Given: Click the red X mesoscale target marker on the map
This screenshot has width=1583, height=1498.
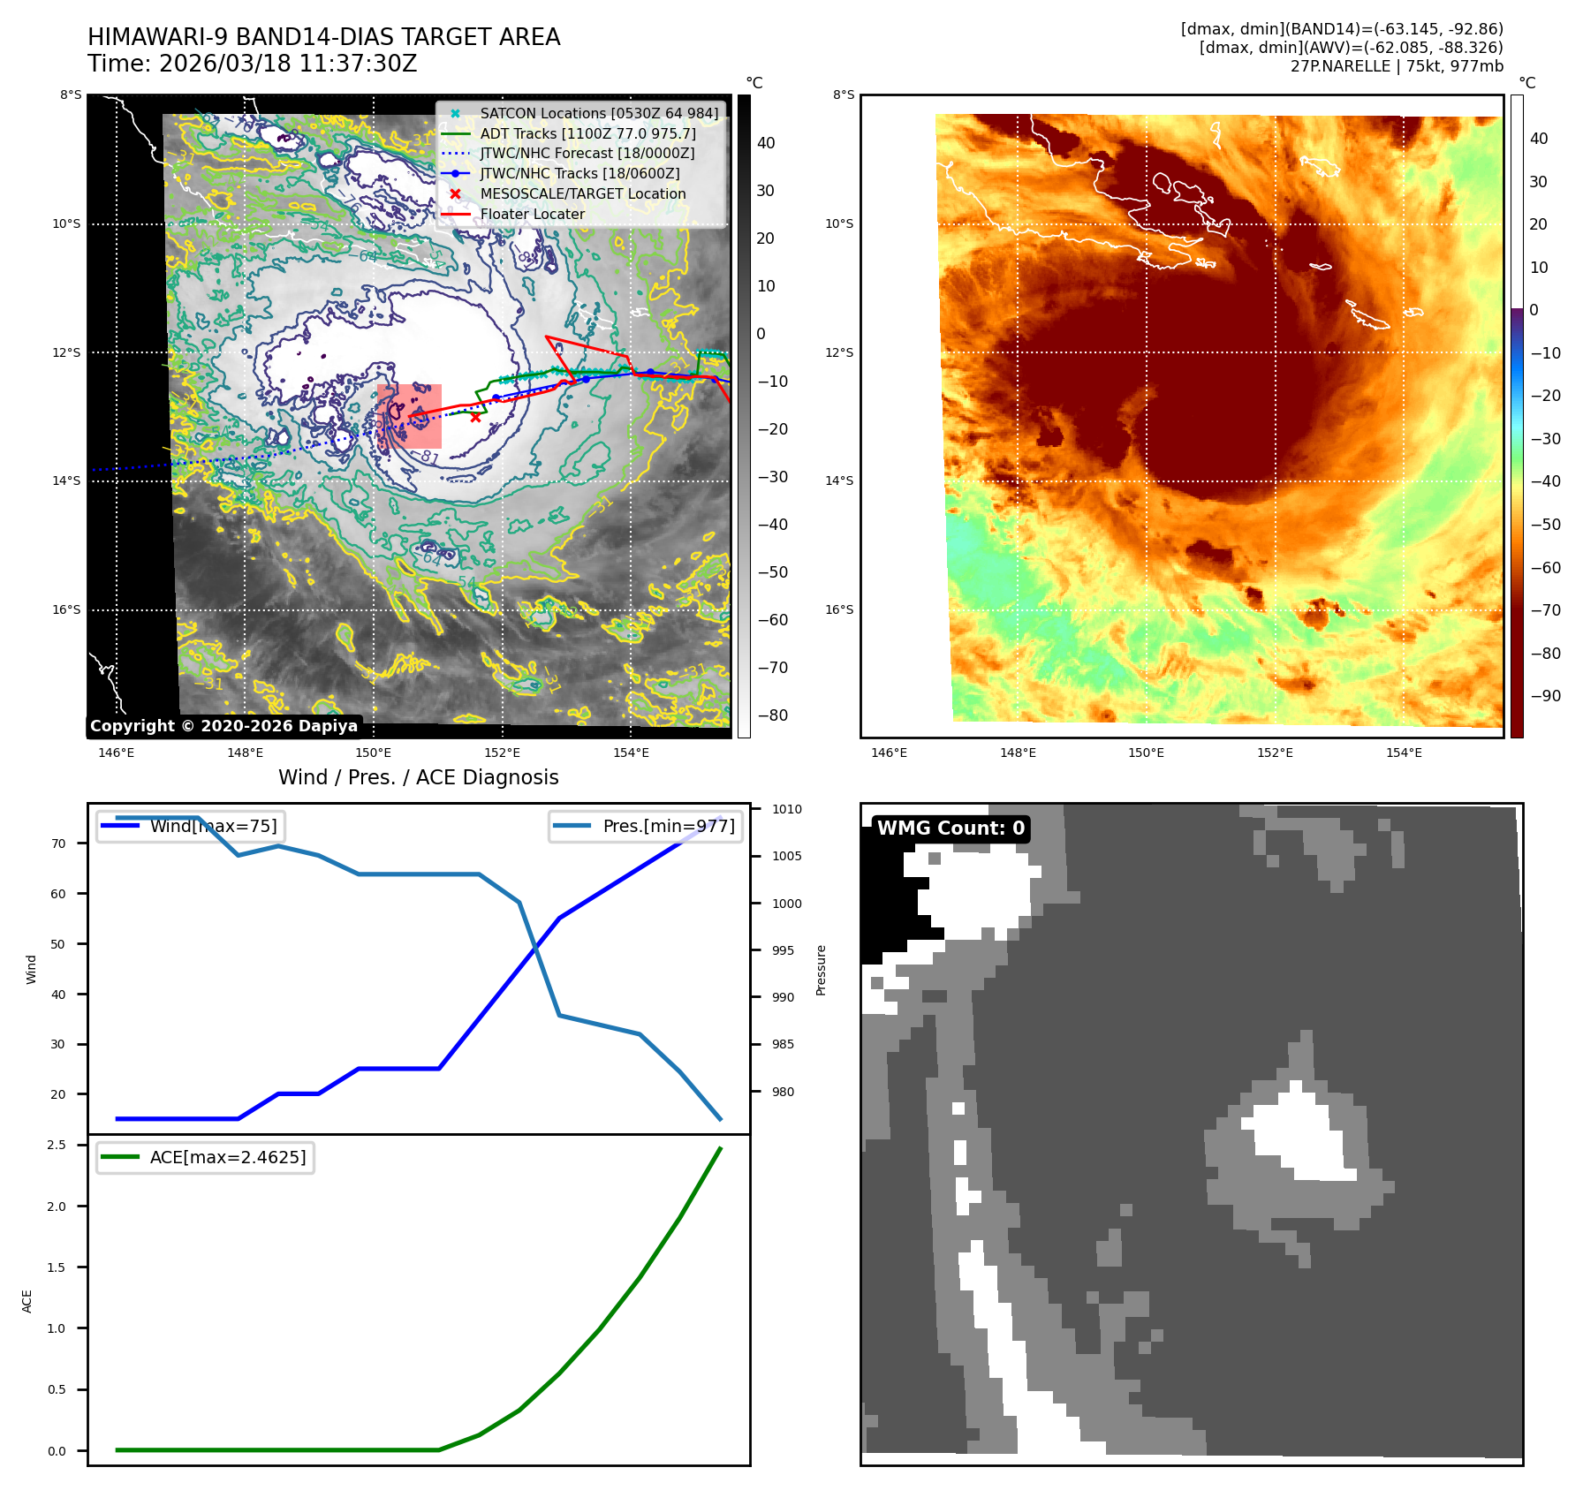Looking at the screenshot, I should click(476, 417).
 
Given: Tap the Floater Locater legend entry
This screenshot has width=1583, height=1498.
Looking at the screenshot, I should click(532, 214).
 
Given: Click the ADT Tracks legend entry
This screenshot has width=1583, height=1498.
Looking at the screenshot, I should click(587, 133).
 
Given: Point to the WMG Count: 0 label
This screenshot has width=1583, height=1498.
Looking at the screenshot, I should click(951, 828).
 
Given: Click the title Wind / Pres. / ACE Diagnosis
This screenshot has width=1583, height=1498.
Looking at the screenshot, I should click(419, 777).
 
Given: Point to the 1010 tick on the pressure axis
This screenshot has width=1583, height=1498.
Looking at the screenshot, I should click(786, 809).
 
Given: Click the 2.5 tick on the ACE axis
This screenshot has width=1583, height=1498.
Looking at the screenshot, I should click(57, 1146).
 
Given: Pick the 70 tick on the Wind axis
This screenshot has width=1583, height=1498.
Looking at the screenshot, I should click(58, 844).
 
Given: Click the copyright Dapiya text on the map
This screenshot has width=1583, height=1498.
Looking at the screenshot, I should click(223, 726).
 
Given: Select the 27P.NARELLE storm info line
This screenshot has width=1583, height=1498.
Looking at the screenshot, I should click(1396, 66).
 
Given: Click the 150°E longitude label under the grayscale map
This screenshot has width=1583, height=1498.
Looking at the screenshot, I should click(373, 753).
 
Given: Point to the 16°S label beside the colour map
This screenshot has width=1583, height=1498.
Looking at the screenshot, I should click(839, 610).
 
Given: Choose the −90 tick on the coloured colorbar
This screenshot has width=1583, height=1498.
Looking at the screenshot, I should click(1545, 696).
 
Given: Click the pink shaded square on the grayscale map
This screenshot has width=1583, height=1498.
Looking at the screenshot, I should click(409, 416).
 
